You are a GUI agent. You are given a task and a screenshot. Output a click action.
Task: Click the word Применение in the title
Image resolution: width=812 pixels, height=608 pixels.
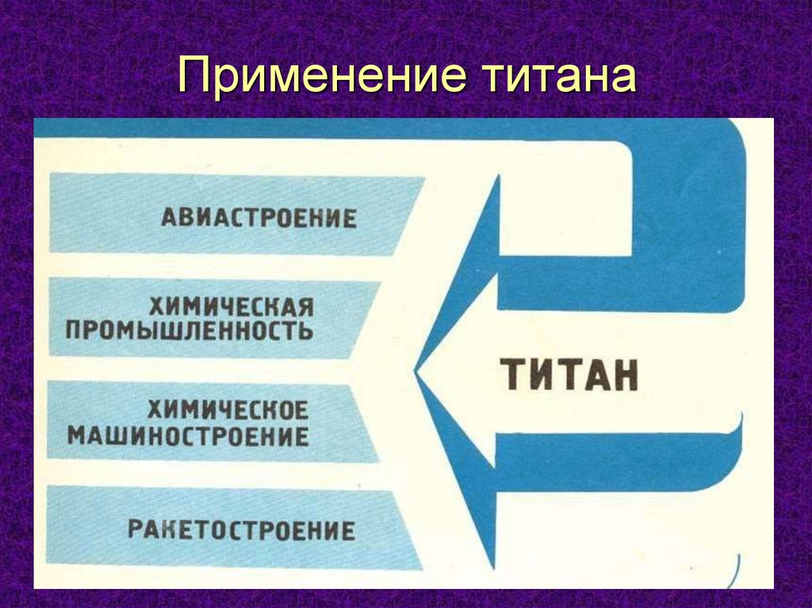point(320,77)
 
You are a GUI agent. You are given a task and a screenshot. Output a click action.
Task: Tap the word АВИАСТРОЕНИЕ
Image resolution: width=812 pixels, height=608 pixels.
point(259,217)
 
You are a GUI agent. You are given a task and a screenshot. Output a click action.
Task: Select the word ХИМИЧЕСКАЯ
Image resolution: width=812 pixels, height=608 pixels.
point(232,307)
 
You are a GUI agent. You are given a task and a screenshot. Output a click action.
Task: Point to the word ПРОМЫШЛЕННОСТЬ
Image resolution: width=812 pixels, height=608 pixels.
point(190,330)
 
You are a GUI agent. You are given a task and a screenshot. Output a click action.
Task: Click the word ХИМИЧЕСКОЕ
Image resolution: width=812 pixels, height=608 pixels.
point(228,410)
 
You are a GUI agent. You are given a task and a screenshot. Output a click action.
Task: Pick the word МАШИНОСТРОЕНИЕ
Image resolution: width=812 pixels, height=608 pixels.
point(189,436)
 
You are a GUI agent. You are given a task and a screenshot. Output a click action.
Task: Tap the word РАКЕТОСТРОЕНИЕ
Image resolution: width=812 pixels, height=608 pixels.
point(242,530)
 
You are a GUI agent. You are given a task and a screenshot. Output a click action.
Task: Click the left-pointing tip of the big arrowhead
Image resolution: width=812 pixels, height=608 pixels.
point(416,371)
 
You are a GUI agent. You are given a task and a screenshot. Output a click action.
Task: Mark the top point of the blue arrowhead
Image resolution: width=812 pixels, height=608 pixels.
point(498,176)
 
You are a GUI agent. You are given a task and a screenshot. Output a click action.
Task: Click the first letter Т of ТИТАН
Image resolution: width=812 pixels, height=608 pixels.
point(513,375)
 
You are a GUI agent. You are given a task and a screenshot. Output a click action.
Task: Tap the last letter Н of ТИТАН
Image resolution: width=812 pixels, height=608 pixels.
point(625,375)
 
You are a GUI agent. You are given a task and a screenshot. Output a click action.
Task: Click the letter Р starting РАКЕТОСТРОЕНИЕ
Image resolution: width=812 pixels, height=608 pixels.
point(136,530)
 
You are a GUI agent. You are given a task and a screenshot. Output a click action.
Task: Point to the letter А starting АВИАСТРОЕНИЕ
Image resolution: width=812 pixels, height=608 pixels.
point(170,217)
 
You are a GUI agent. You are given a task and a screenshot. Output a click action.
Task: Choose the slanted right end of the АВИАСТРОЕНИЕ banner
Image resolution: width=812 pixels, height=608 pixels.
point(409,216)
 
